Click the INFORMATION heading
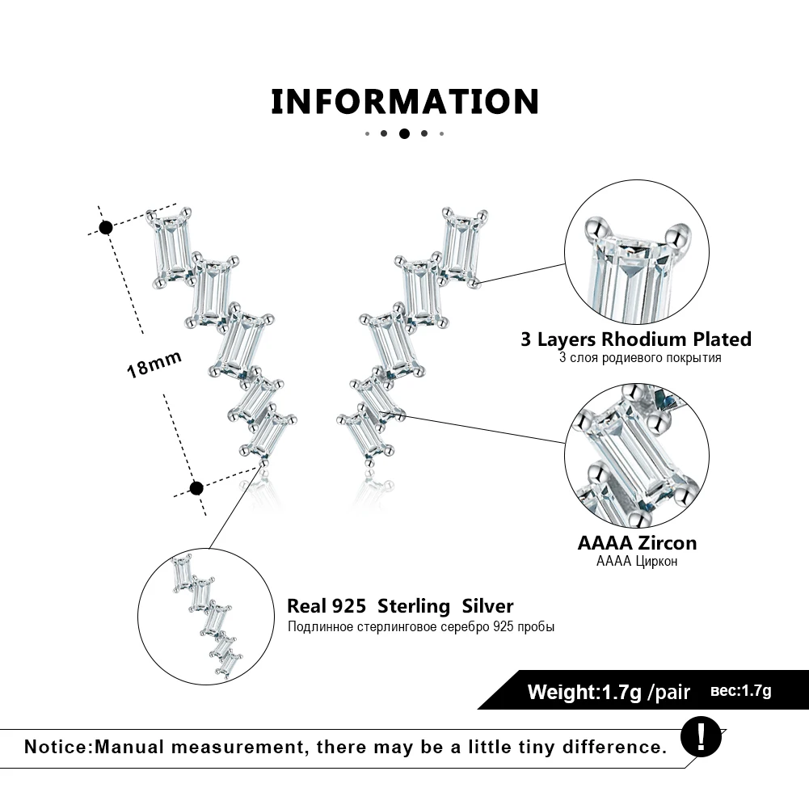tap(404, 102)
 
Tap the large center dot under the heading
tap(404, 133)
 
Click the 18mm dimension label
tap(154, 364)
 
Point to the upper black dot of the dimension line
tap(105, 227)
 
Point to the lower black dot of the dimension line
tap(196, 487)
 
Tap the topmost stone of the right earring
tap(461, 243)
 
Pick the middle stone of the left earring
tap(240, 343)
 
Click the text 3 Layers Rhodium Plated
tap(635, 339)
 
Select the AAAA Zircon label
tap(636, 543)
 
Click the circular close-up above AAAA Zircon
tap(636, 456)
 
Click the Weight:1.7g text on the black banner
tap(584, 692)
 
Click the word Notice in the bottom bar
tap(58, 746)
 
